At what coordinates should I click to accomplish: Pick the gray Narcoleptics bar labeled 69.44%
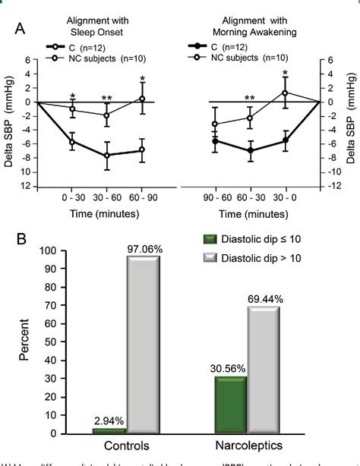click(x=260, y=371)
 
